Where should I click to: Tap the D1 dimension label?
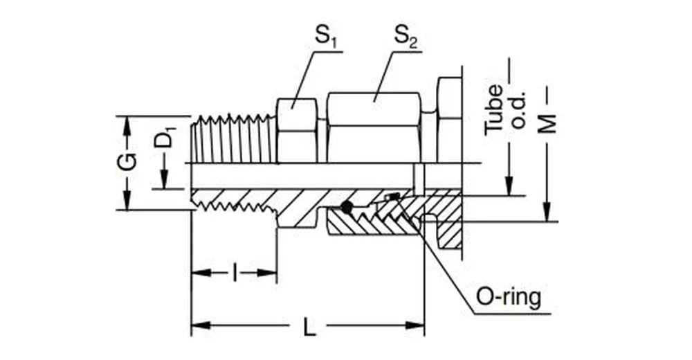coord(164,138)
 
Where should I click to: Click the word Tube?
coord(494,109)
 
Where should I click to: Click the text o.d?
coord(518,110)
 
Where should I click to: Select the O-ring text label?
coord(509,298)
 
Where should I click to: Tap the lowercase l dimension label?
coord(235,273)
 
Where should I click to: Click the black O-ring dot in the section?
coord(347,206)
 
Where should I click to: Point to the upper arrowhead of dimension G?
coord(127,123)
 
